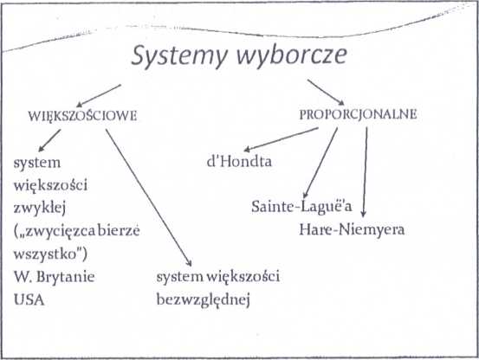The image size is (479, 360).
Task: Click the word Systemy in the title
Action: coord(179,57)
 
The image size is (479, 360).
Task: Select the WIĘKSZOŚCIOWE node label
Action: coord(82,116)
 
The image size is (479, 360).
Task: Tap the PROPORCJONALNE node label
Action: coord(358,114)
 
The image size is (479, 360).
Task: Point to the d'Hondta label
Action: coord(239,161)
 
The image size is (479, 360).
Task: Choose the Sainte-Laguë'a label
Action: coord(301,207)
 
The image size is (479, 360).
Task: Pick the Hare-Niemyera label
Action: coord(352,229)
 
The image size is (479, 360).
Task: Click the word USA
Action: coord(29,300)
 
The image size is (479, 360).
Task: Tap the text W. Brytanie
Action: coord(54,277)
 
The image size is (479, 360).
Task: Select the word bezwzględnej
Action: coord(204,300)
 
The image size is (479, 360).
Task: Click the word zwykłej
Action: coord(40,209)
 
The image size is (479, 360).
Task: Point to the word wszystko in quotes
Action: coord(44,254)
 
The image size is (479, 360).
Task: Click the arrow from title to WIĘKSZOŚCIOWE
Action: coord(99,96)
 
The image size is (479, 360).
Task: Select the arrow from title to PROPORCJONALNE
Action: coord(326,93)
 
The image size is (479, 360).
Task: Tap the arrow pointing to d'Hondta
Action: coord(281,139)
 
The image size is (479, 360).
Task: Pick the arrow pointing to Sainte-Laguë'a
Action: coord(320,163)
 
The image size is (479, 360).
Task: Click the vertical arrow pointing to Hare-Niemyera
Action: coord(365,172)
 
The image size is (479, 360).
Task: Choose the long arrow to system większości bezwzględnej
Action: coord(149,197)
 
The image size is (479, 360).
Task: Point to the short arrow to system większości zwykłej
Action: coord(49,140)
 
